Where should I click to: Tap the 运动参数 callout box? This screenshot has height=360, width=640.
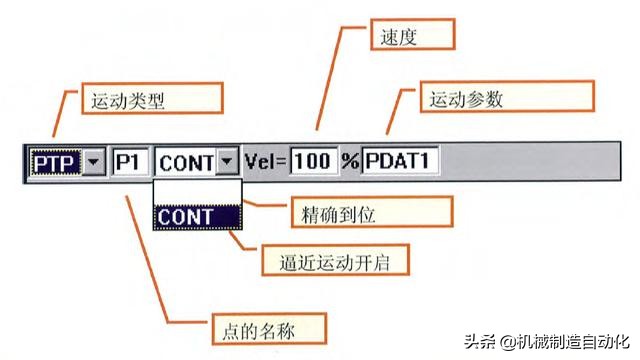click(x=465, y=99)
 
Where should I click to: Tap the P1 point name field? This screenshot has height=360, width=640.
click(x=128, y=160)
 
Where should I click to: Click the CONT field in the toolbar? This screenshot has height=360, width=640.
click(x=186, y=160)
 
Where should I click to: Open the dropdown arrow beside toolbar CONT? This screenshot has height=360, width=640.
click(x=228, y=160)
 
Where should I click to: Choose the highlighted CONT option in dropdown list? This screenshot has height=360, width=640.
click(x=196, y=216)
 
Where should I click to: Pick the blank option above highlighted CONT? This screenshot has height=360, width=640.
click(x=196, y=191)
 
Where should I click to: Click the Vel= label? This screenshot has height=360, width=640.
click(x=266, y=160)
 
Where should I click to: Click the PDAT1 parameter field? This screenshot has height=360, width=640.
click(x=400, y=160)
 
